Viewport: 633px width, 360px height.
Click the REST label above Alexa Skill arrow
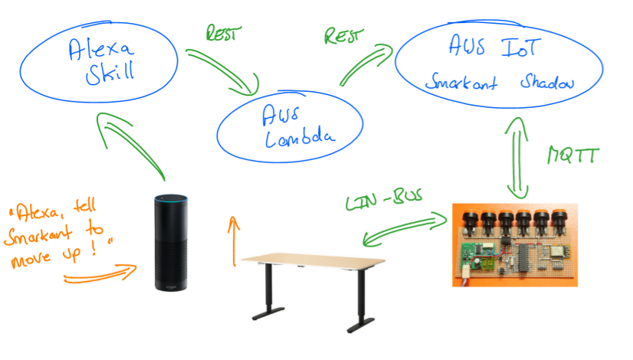[225, 34]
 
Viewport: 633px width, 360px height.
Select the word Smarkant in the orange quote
[35, 237]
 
